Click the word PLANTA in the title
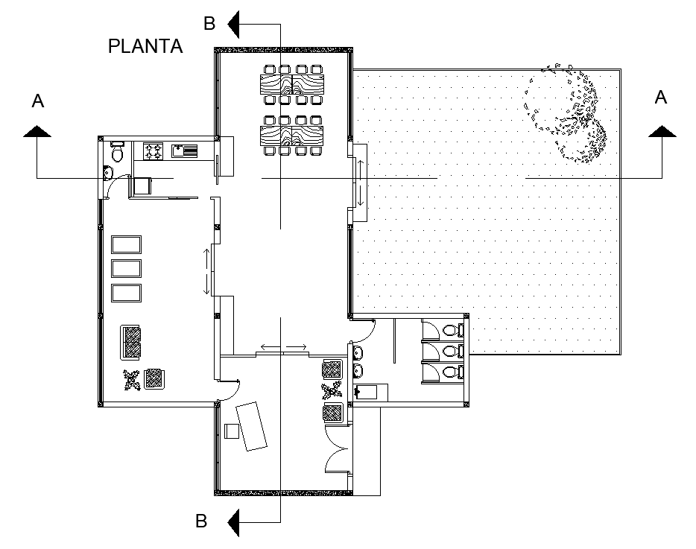(145, 46)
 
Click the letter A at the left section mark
(37, 101)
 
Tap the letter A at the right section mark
(660, 97)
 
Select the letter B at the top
(209, 24)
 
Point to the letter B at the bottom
(200, 521)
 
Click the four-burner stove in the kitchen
(154, 151)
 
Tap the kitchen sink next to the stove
(185, 151)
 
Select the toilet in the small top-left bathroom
(117, 153)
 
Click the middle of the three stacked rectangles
(126, 268)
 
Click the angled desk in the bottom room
(252, 425)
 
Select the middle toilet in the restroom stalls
(449, 350)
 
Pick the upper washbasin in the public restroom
(358, 352)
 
